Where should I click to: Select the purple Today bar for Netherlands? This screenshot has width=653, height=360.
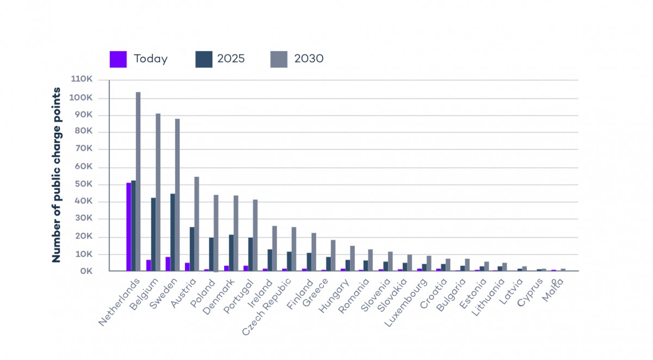(x=128, y=227)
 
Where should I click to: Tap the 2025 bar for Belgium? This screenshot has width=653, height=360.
(x=153, y=234)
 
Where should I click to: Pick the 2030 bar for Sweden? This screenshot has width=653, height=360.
(x=177, y=195)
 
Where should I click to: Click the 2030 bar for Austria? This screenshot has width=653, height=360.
(x=197, y=224)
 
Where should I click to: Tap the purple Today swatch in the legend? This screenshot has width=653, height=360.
(x=118, y=59)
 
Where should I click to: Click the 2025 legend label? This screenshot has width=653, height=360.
(x=231, y=59)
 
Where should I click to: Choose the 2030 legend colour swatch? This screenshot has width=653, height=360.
(x=279, y=59)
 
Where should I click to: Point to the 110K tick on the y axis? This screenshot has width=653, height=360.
(x=82, y=79)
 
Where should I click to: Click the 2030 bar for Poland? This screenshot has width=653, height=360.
(x=216, y=233)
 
